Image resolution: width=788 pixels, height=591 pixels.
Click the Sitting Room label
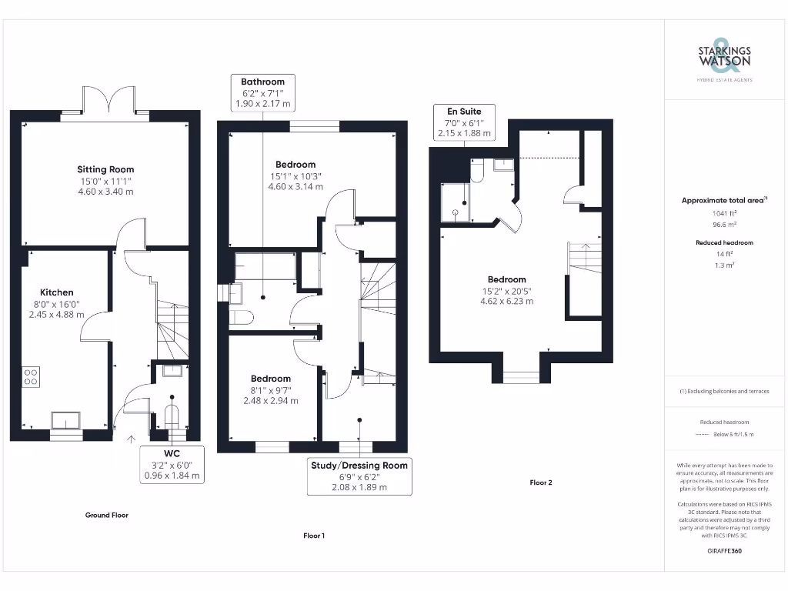[x=105, y=169]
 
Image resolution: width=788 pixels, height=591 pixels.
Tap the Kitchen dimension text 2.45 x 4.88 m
[x=57, y=314]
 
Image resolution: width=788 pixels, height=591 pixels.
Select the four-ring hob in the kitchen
[x=32, y=376]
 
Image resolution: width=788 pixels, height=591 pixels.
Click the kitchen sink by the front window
[x=65, y=420]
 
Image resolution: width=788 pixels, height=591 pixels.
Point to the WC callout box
[x=172, y=464]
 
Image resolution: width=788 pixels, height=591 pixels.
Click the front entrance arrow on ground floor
[x=130, y=439]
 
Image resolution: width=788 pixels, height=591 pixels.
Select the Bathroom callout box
[x=262, y=92]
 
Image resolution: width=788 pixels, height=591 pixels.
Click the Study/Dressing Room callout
[x=359, y=476]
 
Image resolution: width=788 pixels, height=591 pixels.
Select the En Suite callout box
[x=459, y=122]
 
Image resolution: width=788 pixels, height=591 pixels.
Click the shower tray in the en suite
[x=456, y=203]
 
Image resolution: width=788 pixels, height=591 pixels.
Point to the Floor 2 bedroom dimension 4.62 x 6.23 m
[x=506, y=301]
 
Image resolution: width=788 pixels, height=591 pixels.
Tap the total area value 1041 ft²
[x=723, y=212]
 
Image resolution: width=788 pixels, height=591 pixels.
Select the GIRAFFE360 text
[x=723, y=551]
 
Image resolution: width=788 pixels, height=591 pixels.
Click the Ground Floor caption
[x=106, y=515]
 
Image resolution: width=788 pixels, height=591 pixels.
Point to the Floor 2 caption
[x=541, y=482]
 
